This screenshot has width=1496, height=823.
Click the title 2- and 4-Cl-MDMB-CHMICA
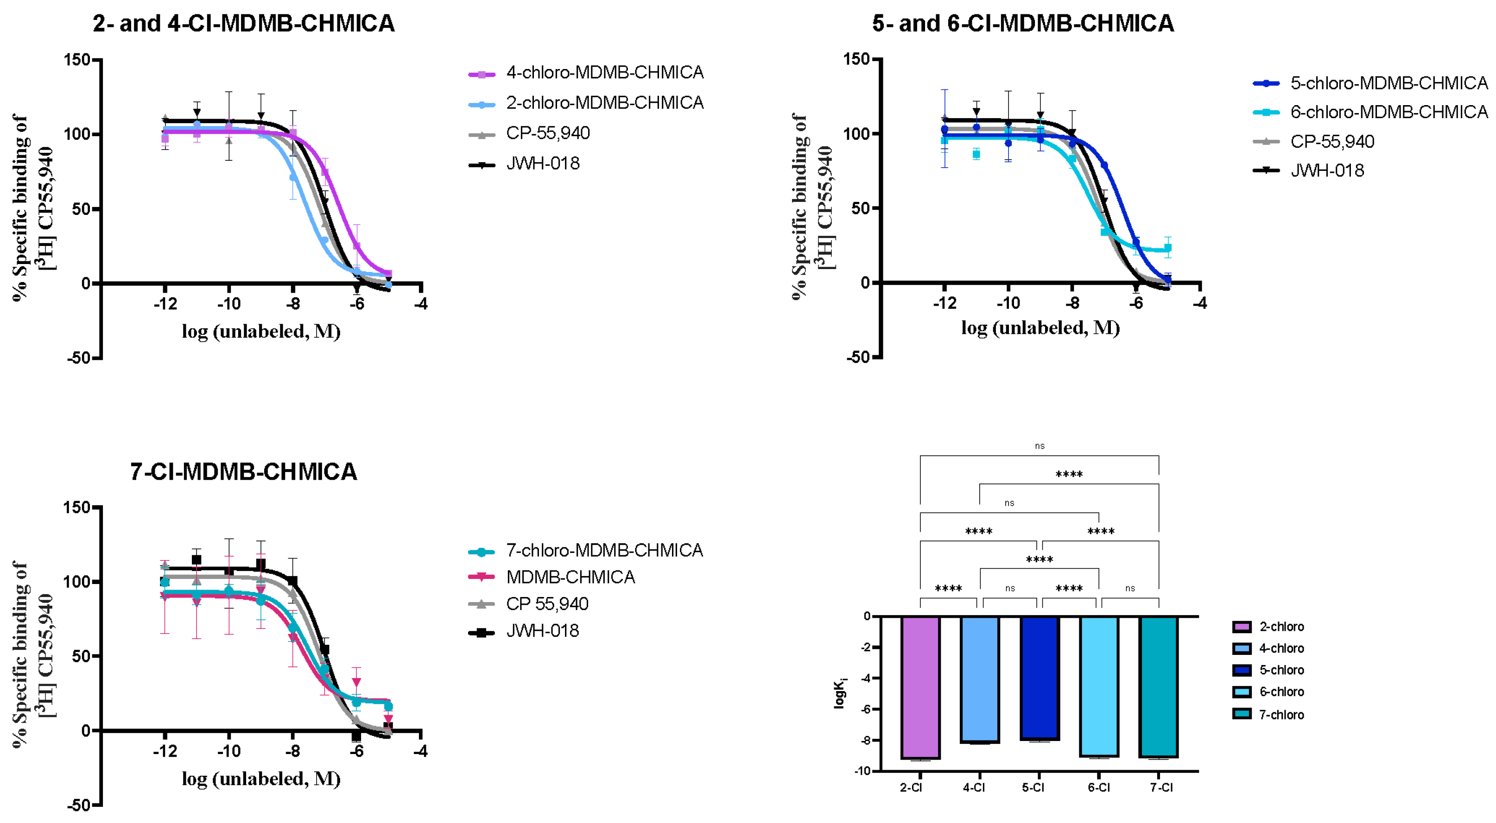[243, 24]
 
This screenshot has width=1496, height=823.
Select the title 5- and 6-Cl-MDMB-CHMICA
[1023, 24]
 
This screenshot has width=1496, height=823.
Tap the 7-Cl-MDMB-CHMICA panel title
[243, 471]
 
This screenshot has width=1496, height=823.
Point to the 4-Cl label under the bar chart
[974, 788]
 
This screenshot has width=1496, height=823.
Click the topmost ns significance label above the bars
[1040, 446]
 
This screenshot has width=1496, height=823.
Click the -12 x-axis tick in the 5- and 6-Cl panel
[945, 303]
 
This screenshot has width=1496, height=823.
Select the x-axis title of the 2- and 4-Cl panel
[261, 332]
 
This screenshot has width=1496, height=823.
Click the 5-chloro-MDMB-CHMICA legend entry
[1388, 83]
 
